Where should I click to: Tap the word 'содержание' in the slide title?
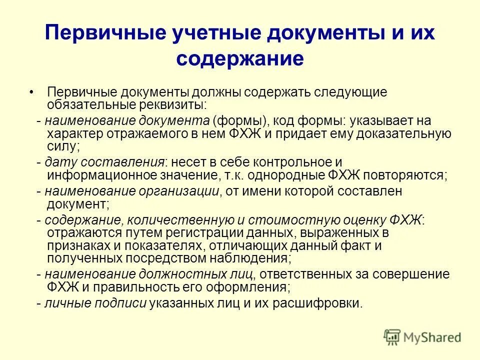pos(240,58)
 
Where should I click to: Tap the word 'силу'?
pos(61,146)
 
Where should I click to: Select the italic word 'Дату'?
pos(60,163)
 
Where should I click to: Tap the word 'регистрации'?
pos(198,232)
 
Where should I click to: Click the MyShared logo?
pos(422,337)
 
